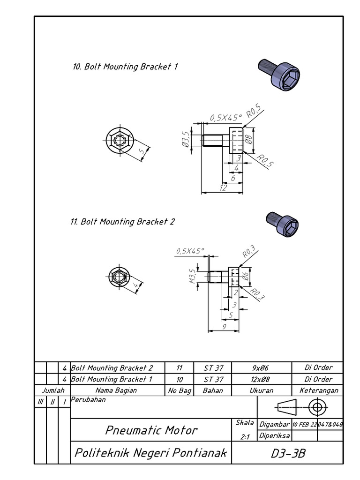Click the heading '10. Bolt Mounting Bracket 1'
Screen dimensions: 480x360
tap(125, 67)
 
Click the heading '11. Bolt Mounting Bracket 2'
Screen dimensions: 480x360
tap(122, 222)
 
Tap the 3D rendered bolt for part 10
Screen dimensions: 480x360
tap(279, 74)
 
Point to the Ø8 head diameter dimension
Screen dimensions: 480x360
tap(249, 140)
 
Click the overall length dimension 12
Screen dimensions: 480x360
tap(223, 187)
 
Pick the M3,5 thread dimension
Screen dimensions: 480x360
tap(192, 277)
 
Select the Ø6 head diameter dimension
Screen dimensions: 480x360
tap(245, 277)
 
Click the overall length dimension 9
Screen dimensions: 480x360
tap(224, 327)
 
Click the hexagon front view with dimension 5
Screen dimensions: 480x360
tap(120, 140)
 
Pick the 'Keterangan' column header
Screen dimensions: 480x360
tap(318, 390)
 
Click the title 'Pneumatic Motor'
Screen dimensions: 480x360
tap(151, 430)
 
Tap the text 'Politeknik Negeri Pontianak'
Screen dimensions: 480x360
tap(150, 453)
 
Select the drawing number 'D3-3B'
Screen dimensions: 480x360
tap(288, 453)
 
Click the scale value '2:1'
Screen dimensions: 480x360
tap(244, 436)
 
